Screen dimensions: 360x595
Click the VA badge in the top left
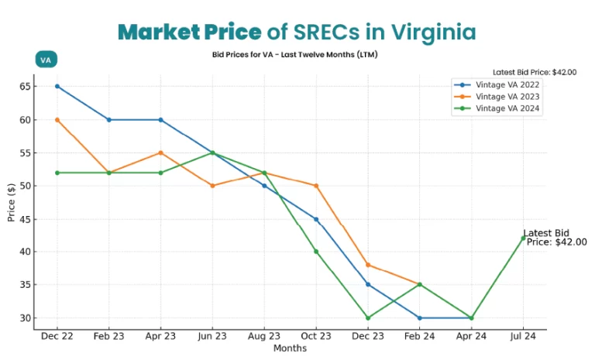point(46,60)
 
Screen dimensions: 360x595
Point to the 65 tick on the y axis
point(26,87)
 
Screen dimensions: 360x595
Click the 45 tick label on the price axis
point(26,219)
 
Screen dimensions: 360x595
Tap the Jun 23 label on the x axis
point(212,337)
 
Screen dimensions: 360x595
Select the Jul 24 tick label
point(523,337)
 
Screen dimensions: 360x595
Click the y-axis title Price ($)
point(12,202)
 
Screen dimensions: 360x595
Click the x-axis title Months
point(290,348)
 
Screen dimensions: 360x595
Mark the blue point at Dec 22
point(57,87)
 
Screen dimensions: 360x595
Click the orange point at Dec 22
point(57,120)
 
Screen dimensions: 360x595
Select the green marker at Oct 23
point(316,252)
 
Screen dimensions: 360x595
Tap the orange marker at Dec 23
point(368,265)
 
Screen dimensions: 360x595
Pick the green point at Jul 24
point(523,238)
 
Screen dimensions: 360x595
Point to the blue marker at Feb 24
point(419,317)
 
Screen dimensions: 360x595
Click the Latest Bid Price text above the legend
point(535,72)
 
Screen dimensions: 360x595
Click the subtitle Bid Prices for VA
point(294,55)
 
